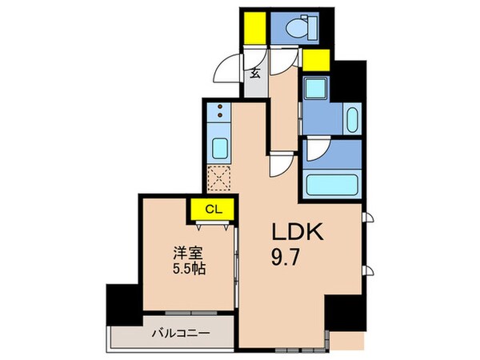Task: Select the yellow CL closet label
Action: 211,210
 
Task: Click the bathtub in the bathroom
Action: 333,185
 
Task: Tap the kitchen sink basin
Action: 220,148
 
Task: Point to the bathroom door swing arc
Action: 317,147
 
